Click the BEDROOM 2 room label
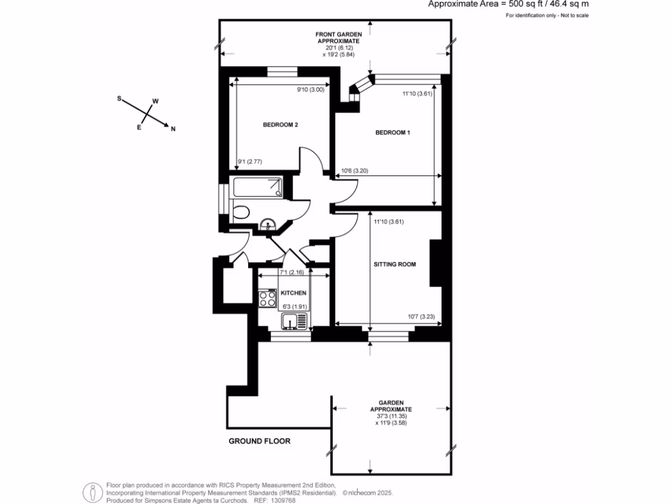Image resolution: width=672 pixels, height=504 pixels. coord(280,125)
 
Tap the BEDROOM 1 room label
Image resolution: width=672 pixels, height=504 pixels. coord(392,133)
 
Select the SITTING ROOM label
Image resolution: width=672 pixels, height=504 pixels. coord(394,264)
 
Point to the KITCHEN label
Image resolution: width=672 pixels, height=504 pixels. coord(293,293)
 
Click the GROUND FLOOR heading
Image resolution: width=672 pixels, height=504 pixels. coord(259,441)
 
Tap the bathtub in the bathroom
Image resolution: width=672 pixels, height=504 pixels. coord(257,187)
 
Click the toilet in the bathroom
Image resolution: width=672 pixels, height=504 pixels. coord(240,212)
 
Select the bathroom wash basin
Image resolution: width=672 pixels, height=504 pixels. coord(268,224)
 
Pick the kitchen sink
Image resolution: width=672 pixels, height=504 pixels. coord(295,321)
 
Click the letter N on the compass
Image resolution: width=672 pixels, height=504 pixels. coord(173,129)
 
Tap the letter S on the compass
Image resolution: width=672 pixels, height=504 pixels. coord(119,98)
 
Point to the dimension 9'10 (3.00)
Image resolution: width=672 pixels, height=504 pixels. coord(310,90)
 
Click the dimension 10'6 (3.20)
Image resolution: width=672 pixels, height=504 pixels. coord(354,171)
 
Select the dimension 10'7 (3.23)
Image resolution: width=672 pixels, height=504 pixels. coord(421,317)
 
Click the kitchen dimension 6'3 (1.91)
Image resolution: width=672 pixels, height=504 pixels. coord(295,307)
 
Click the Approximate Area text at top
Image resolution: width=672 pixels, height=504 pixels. coord(509,5)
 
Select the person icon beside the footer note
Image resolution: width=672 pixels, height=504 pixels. coord(93,493)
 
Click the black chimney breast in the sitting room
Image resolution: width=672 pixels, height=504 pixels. coord(436,262)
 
